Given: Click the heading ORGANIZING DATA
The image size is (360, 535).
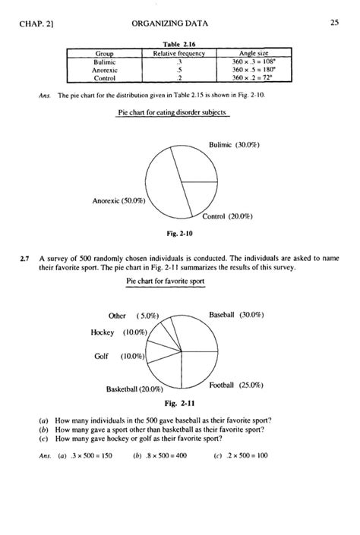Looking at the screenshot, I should coord(179,24).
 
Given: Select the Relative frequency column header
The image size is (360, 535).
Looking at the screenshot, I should coord(179,54).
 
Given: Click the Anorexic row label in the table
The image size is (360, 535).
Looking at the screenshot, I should coord(104,69).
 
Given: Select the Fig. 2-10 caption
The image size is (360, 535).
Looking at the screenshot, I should coord(179,234).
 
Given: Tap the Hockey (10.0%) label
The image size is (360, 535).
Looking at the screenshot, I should coord(118,332).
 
